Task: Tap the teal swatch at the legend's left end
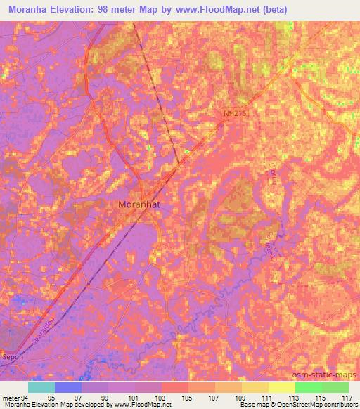point(41,387)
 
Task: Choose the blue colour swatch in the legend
point(67,387)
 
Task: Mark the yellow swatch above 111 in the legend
point(255,387)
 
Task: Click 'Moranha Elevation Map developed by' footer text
point(53,405)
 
